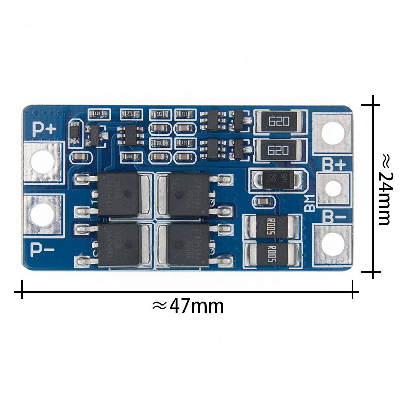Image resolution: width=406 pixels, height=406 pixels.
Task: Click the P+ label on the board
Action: point(45,129)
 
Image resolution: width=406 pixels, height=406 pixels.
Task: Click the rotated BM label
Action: point(309,204)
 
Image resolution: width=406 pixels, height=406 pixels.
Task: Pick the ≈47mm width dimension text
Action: point(188,306)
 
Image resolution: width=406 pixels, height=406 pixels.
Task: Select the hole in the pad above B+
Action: point(332,133)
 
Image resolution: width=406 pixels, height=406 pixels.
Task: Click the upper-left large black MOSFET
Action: point(120,193)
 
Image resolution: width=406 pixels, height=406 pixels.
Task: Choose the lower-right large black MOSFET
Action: point(187,244)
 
